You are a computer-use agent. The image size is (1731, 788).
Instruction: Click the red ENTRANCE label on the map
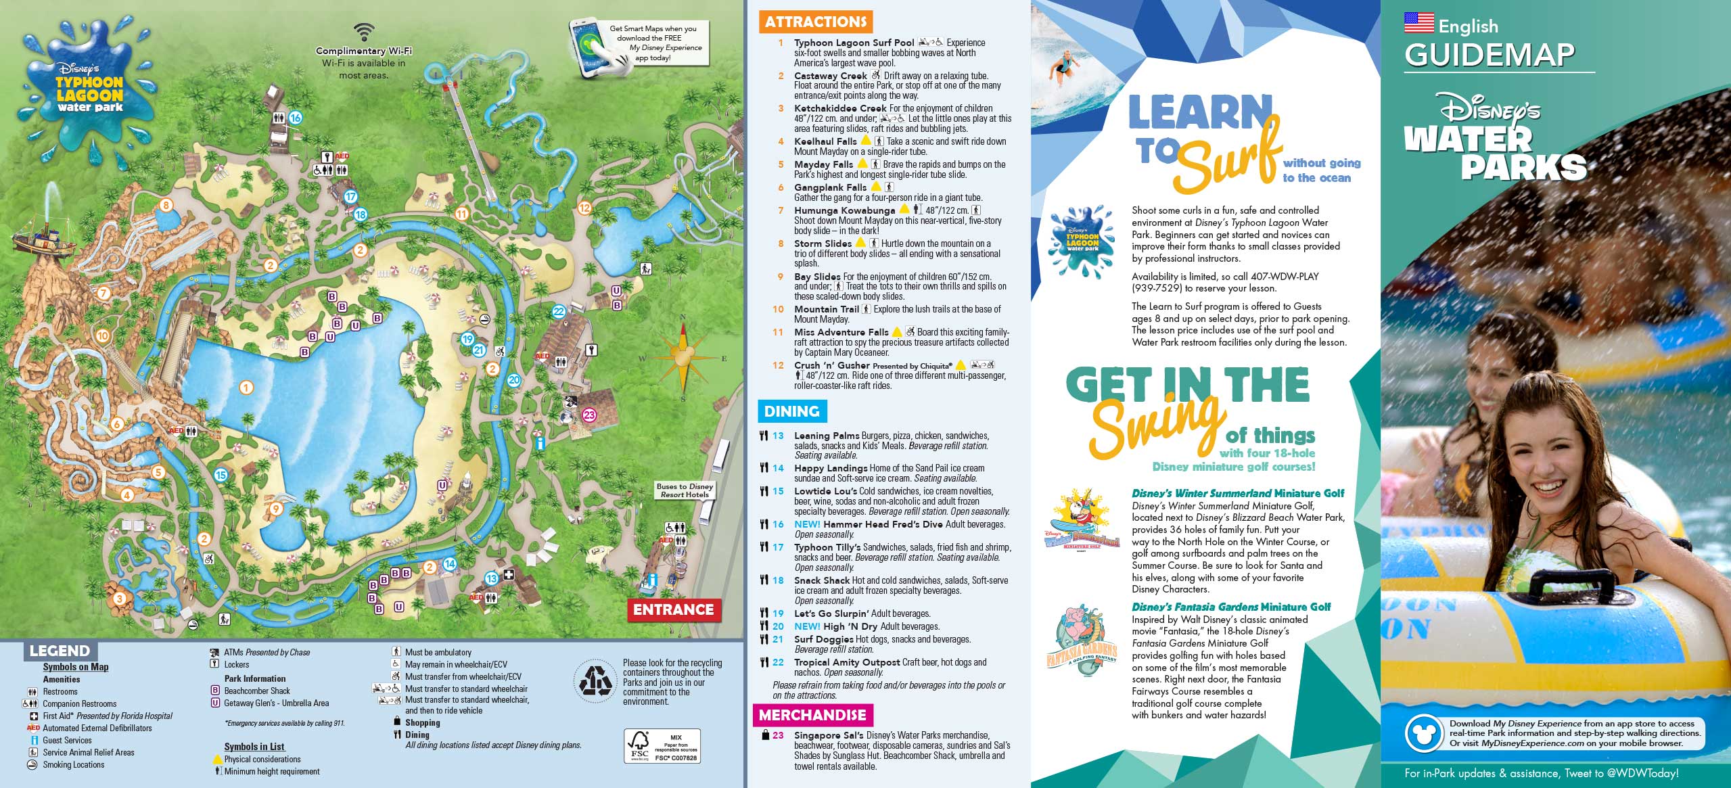point(674,609)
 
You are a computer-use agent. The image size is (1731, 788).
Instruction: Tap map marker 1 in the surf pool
point(246,388)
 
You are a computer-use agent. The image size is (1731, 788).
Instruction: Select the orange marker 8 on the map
point(166,205)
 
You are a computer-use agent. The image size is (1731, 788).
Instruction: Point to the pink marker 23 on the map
point(588,415)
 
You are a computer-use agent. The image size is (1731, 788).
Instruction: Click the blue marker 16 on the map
point(295,118)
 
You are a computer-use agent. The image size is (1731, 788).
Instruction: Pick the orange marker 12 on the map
point(584,208)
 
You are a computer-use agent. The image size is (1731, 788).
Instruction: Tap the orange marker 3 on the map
point(119,599)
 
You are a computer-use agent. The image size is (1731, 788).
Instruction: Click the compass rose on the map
point(683,357)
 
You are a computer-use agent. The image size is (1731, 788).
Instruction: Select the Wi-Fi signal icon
point(365,32)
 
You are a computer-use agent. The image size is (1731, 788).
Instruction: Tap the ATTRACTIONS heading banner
point(816,22)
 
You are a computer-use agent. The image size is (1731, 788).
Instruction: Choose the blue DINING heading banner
point(791,411)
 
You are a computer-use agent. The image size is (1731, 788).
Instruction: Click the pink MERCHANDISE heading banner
point(812,715)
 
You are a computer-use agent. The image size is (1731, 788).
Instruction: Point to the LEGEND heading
point(60,651)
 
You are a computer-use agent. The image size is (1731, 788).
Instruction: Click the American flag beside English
point(1418,23)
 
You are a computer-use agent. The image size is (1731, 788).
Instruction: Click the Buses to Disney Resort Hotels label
point(685,490)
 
